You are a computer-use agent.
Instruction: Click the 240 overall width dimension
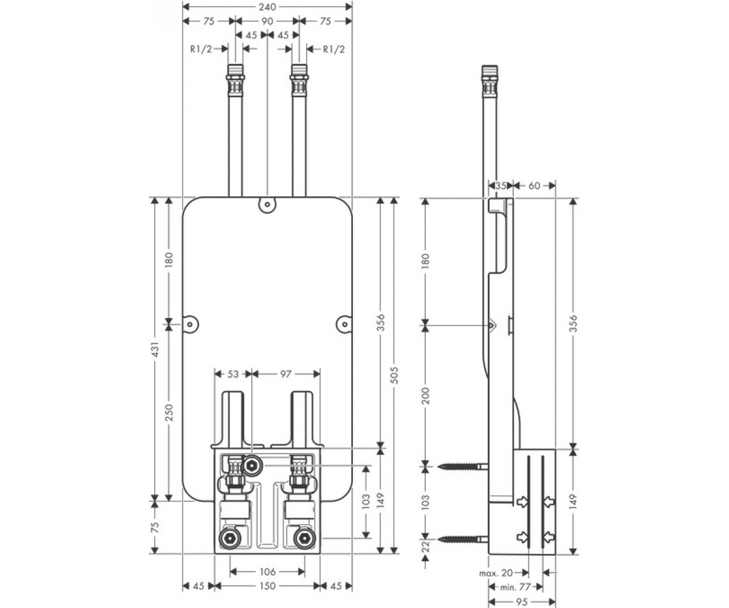pos(267,7)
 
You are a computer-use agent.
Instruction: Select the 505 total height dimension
pos(394,375)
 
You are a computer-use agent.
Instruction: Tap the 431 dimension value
pos(156,349)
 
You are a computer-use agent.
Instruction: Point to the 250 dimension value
pos(169,412)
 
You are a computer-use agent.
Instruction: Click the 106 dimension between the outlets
pos(267,572)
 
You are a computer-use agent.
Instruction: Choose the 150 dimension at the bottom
pos(267,586)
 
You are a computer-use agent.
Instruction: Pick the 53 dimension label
pos(233,374)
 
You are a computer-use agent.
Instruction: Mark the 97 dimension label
pos(286,374)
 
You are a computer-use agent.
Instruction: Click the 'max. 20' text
pos(496,573)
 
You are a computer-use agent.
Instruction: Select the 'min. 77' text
pos(516,587)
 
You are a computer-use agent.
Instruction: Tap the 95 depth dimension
pos(522,602)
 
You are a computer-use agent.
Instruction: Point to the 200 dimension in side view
pos(426,396)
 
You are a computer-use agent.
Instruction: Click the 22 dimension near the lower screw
pos(426,546)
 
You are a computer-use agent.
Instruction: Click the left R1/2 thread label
pos(201,49)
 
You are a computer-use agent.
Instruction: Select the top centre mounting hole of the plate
pos(267,205)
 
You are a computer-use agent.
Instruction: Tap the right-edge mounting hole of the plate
pos(344,324)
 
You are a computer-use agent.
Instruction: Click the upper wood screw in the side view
pos(462,466)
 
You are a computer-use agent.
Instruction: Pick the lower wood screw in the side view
pos(462,539)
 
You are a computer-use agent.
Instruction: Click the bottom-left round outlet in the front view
pos(229,539)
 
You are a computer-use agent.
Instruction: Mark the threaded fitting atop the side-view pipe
pos(490,81)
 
